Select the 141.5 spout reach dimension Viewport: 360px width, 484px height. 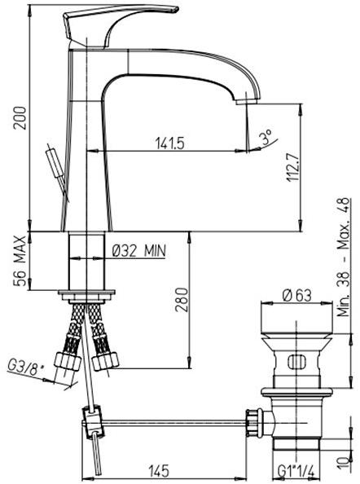169,143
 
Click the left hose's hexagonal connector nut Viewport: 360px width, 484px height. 62,360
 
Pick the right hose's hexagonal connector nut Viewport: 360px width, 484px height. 103,359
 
